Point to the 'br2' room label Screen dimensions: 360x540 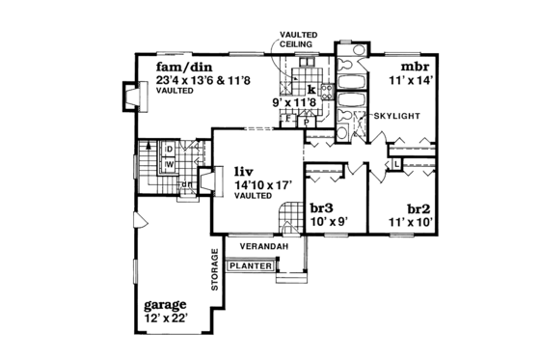418,207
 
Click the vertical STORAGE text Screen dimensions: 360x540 215,271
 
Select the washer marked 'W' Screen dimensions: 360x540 168,164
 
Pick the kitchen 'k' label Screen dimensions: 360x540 311,89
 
